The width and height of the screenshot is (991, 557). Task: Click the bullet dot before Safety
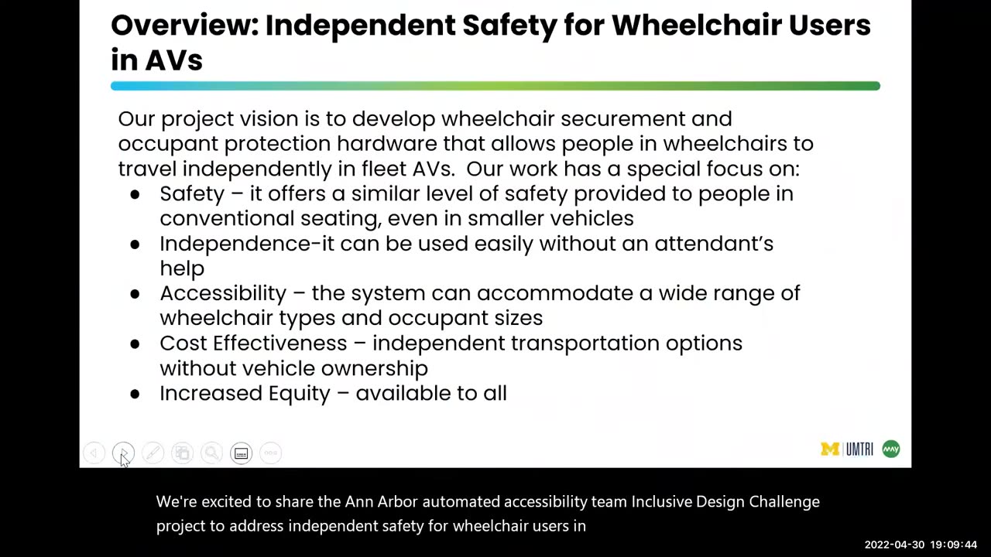(135, 194)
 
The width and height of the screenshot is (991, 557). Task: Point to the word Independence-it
(246, 244)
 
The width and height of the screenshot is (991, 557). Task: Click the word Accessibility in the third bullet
(223, 293)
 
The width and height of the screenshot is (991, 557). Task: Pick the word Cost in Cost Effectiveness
(183, 343)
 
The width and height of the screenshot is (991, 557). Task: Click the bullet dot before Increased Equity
(135, 394)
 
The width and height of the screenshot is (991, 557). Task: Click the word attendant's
(713, 244)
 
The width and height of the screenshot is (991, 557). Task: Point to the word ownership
(374, 368)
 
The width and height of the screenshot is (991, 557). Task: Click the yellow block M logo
(830, 449)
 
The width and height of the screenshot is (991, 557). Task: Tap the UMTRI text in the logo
(859, 449)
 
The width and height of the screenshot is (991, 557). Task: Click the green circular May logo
(891, 449)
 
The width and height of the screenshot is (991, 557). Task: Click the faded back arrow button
(94, 453)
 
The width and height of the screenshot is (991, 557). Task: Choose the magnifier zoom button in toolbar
(211, 453)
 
